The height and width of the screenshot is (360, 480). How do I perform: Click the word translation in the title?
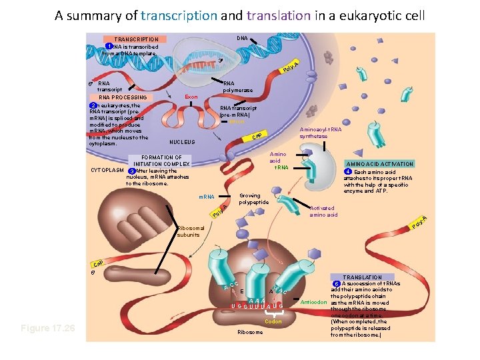click(x=279, y=15)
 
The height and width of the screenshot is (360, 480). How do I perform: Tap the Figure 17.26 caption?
click(x=47, y=329)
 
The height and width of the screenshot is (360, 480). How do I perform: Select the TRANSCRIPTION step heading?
click(x=136, y=39)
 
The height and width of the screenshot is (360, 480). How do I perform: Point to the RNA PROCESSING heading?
click(x=123, y=97)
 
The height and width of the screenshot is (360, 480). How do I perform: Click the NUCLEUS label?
click(x=182, y=142)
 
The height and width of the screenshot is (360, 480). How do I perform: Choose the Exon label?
click(x=191, y=97)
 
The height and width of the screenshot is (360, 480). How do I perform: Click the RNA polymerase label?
click(x=238, y=87)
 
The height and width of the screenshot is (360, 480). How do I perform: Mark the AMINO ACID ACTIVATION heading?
click(x=379, y=164)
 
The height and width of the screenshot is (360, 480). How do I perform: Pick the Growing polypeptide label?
click(x=253, y=199)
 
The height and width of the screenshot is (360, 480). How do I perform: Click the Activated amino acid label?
click(x=323, y=211)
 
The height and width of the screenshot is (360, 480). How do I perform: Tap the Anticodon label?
click(x=313, y=302)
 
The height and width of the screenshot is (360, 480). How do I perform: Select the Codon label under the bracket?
click(x=273, y=321)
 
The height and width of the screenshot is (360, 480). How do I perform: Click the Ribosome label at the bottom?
click(x=251, y=332)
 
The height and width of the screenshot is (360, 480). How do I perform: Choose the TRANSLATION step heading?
click(x=363, y=277)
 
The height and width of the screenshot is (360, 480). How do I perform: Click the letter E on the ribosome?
click(x=241, y=291)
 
